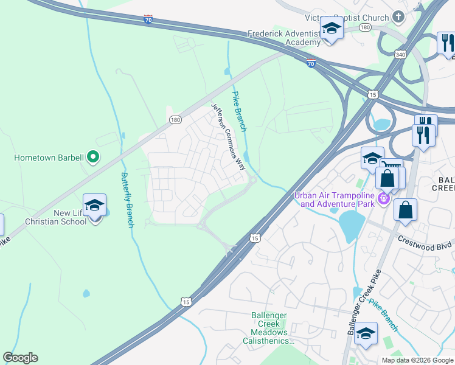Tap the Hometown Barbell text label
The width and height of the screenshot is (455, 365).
[x=49, y=158]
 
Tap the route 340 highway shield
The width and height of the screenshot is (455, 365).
[x=400, y=55]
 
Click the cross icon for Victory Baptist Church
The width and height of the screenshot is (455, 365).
[x=398, y=16]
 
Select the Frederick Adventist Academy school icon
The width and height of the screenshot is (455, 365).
[x=332, y=29]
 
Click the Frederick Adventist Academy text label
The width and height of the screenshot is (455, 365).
[x=284, y=38]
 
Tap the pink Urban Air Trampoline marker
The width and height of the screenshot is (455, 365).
[x=384, y=198]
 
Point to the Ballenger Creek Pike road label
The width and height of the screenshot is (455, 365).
[x=364, y=302]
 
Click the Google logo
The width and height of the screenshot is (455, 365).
[x=20, y=358]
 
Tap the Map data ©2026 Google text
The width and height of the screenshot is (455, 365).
[x=417, y=360]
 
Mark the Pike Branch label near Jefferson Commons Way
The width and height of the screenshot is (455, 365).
[x=239, y=111]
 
